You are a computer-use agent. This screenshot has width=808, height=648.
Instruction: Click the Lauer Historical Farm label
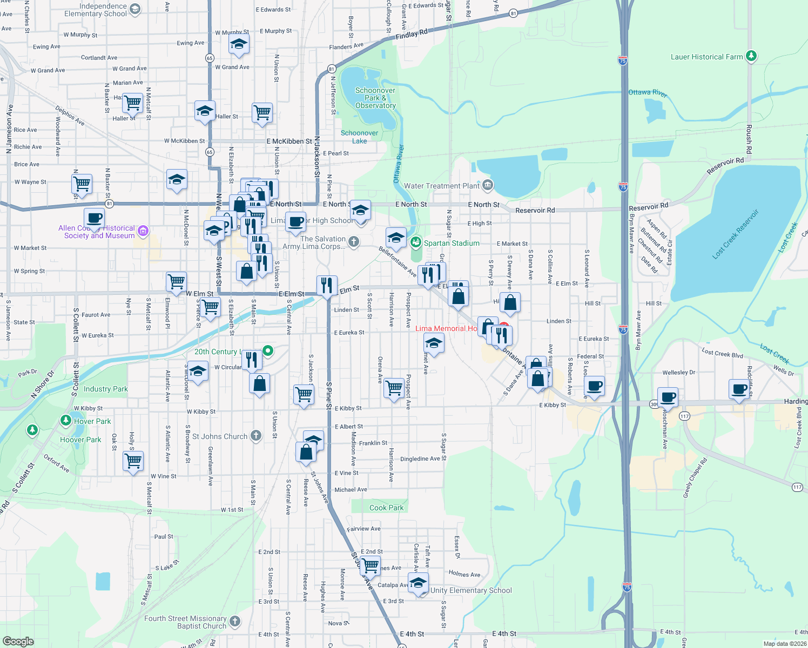[x=706, y=57]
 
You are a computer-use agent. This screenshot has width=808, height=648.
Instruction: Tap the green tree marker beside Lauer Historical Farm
[x=751, y=56]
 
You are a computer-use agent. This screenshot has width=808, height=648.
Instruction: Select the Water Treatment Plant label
[x=441, y=186]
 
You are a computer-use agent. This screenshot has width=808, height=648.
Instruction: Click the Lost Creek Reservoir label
[x=735, y=234]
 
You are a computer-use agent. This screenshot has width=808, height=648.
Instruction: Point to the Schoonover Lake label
[x=359, y=137]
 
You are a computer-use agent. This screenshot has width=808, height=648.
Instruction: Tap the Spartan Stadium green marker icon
[x=415, y=242]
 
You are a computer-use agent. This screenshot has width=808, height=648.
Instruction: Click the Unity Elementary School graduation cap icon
[x=418, y=584]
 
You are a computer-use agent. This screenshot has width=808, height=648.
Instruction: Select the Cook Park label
[x=386, y=508]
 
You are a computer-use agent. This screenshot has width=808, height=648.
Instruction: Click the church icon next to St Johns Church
[x=256, y=435]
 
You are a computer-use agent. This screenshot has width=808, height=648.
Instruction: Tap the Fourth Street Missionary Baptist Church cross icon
[x=235, y=622]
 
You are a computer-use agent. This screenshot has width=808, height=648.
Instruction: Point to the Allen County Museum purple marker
[x=143, y=231]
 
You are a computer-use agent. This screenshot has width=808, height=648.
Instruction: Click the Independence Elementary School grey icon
[x=135, y=9]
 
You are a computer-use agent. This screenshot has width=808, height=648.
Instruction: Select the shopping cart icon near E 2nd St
[x=370, y=565]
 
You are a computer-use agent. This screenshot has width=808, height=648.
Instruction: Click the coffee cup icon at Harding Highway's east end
[x=739, y=388]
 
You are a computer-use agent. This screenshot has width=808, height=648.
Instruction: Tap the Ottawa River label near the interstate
[x=648, y=93]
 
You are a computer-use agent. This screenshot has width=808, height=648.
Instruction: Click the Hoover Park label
[x=80, y=440]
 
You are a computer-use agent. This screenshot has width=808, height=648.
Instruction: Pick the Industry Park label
[x=106, y=389]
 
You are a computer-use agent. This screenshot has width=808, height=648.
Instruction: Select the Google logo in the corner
[x=18, y=641]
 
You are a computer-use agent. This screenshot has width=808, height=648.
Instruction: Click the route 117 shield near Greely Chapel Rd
[x=797, y=487]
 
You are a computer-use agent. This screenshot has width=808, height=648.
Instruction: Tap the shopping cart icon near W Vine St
[x=133, y=461]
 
